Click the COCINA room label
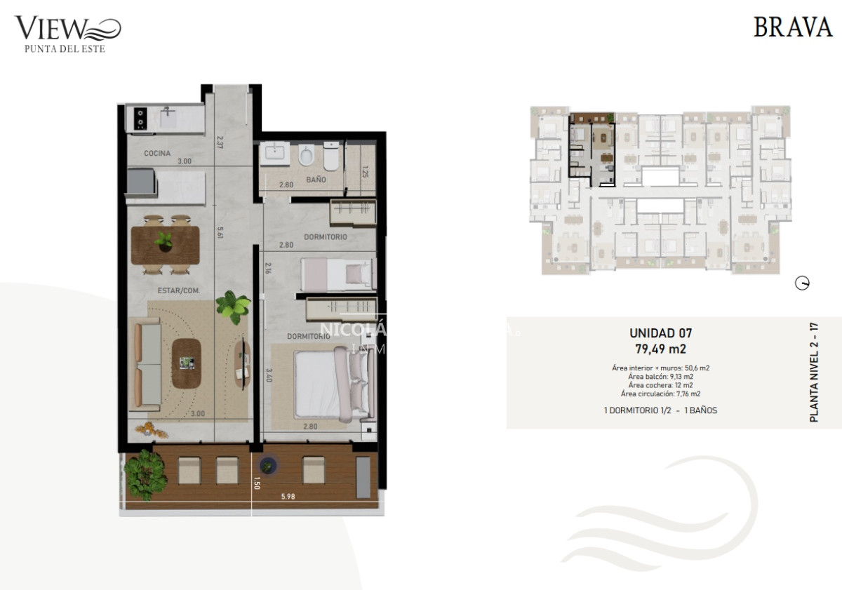[x=158, y=153]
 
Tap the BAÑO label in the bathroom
[x=316, y=180]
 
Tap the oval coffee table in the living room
[x=186, y=363]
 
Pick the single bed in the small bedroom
[x=336, y=274]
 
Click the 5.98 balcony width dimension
[x=288, y=497]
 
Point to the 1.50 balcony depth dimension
[x=258, y=483]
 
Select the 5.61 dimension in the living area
[x=220, y=232]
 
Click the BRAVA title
[x=792, y=27]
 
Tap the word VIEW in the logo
[x=51, y=29]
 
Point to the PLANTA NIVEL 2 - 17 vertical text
[x=814, y=372]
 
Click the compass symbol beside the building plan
[x=803, y=283]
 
